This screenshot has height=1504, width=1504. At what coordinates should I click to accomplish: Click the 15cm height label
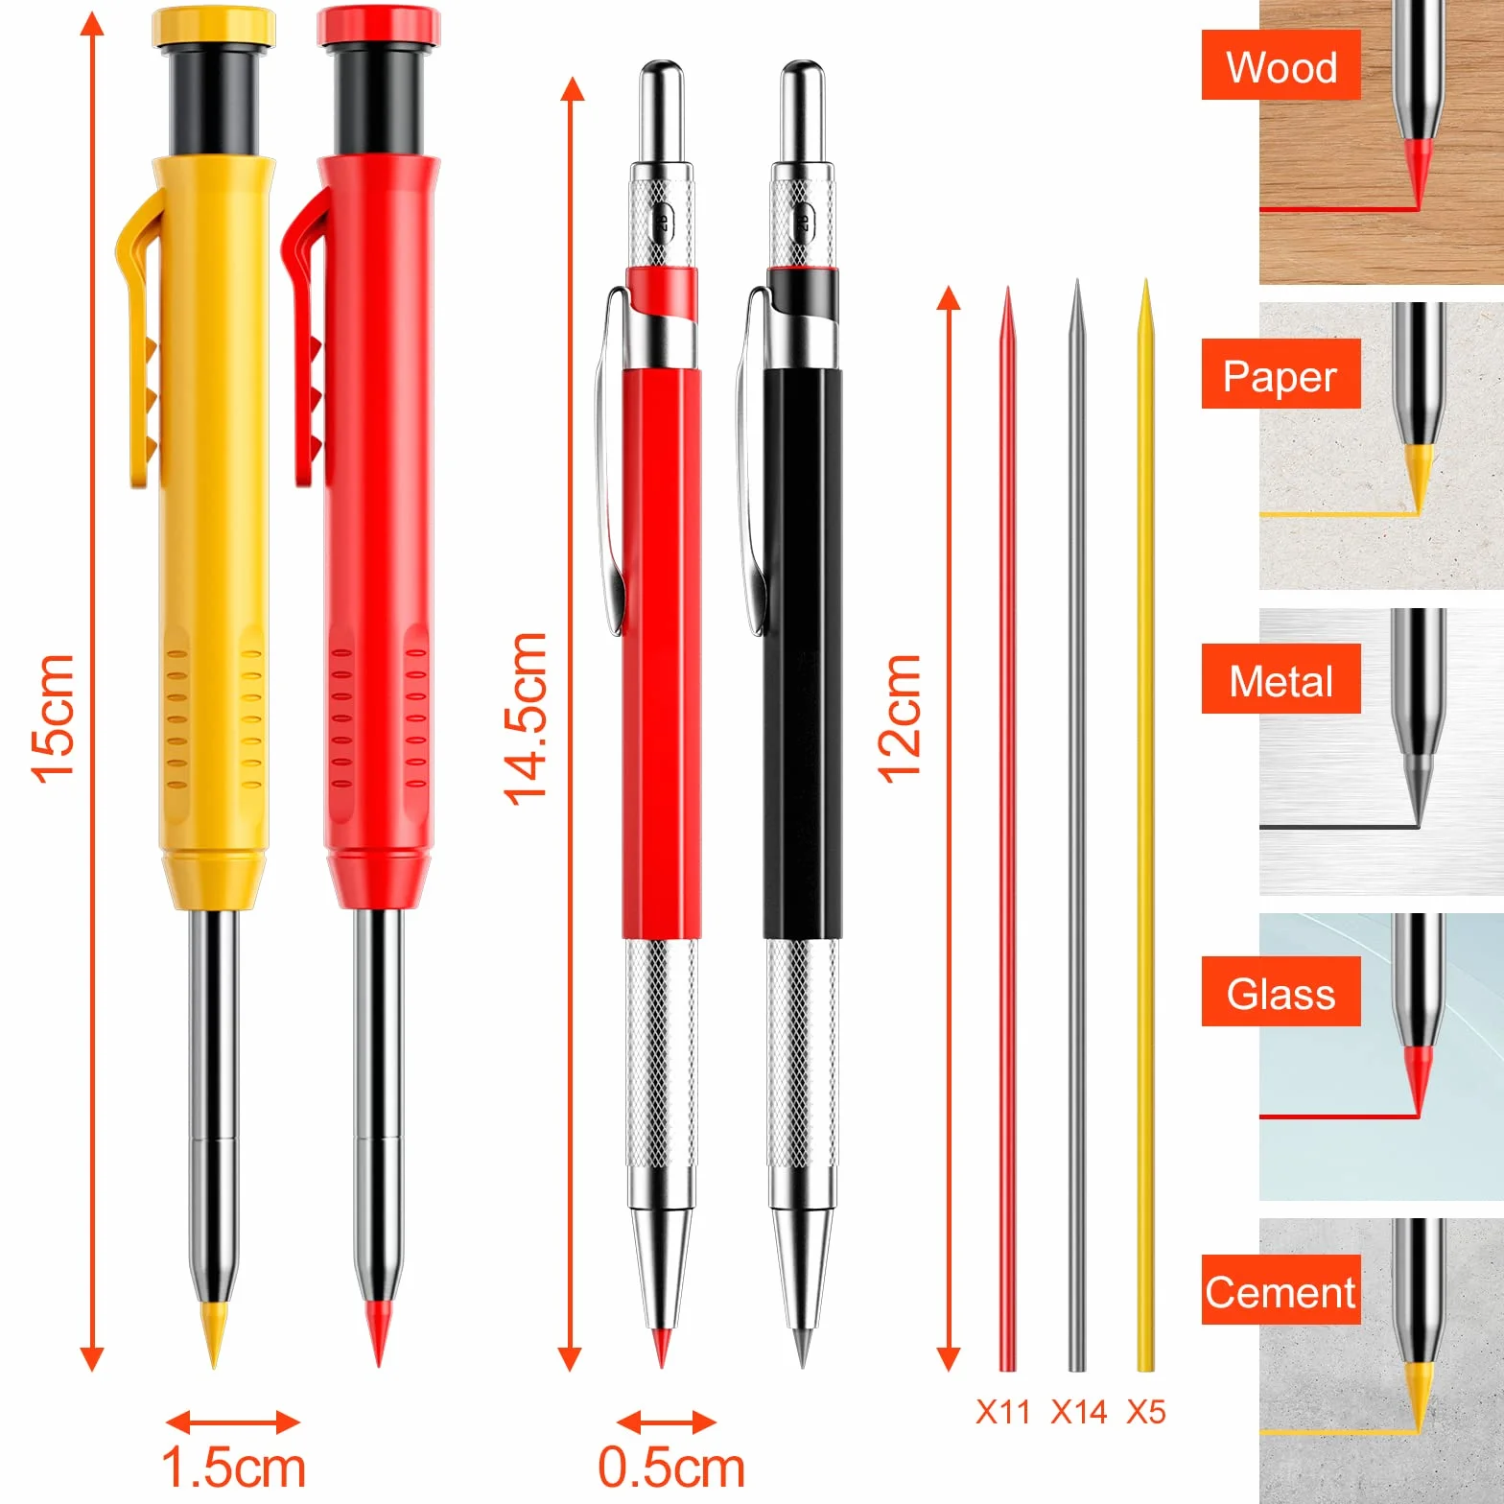pos(53,718)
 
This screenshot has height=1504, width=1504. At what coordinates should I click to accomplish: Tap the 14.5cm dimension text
pos(526,718)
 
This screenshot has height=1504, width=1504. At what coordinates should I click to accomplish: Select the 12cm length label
pos(900,718)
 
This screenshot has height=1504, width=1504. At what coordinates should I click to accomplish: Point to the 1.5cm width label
pos(233,1468)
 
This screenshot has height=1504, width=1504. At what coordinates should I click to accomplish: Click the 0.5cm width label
pos(671,1468)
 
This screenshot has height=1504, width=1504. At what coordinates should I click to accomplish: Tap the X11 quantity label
pos(1002,1412)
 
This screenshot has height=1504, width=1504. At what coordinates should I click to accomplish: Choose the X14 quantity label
pos(1079,1412)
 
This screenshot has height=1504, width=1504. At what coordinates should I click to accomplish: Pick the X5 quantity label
pos(1146,1412)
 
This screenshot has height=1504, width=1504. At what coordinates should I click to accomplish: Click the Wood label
pos(1281,67)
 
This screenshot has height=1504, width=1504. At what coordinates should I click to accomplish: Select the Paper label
pos(1281,376)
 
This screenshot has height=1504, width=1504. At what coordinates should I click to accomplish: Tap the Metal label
pos(1281,682)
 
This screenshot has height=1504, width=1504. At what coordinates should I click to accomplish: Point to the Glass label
pos(1281,994)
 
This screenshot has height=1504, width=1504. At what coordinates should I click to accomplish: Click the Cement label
pos(1281,1292)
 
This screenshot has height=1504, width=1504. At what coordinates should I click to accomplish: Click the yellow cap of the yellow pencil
pos(214,26)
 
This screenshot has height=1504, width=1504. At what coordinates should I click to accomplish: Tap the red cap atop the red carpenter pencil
pos(379,26)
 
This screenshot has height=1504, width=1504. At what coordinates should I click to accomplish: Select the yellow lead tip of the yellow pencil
pos(214,1333)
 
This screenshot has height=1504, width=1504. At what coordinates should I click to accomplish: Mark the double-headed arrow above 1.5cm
pos(233,1422)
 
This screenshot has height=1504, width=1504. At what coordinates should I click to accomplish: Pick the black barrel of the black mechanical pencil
pos(803,652)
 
